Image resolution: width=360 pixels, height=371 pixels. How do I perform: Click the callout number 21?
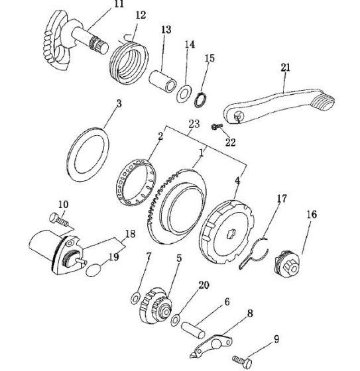click(x=285, y=68)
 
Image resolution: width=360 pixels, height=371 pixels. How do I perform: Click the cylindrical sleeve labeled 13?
click(x=162, y=81)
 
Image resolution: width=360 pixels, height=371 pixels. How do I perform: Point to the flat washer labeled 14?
click(x=184, y=93)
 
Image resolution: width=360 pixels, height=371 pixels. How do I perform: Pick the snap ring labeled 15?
click(x=201, y=100)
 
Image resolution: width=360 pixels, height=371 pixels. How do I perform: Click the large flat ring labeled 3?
click(x=88, y=155)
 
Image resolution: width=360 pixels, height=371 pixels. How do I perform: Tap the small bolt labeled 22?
click(x=217, y=127)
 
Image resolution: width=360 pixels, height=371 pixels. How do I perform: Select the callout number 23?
click(x=194, y=123)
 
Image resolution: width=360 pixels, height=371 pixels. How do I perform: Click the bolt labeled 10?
click(x=59, y=220)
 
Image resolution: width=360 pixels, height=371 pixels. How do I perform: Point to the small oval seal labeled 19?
click(x=93, y=270)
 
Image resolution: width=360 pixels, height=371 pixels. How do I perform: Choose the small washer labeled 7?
click(x=135, y=299)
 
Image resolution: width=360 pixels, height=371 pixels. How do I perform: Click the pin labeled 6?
click(x=194, y=331)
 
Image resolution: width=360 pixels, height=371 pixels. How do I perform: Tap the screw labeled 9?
click(x=242, y=361)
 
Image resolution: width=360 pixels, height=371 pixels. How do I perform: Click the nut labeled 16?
click(x=288, y=264)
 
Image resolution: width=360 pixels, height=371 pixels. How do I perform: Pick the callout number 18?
click(x=130, y=234)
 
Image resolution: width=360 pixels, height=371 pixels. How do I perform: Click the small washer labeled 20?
click(x=175, y=320)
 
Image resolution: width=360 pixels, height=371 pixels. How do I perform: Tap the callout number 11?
click(x=119, y=4)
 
